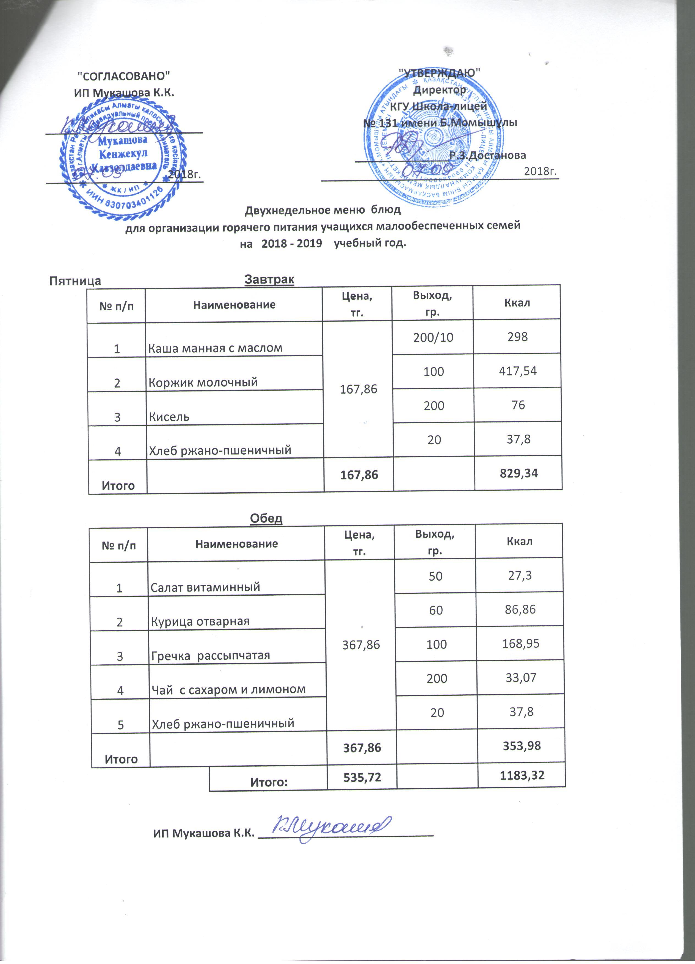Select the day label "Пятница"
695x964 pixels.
75,281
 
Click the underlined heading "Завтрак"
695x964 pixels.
269,279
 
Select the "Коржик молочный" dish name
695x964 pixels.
203,382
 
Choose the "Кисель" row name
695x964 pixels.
169,416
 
